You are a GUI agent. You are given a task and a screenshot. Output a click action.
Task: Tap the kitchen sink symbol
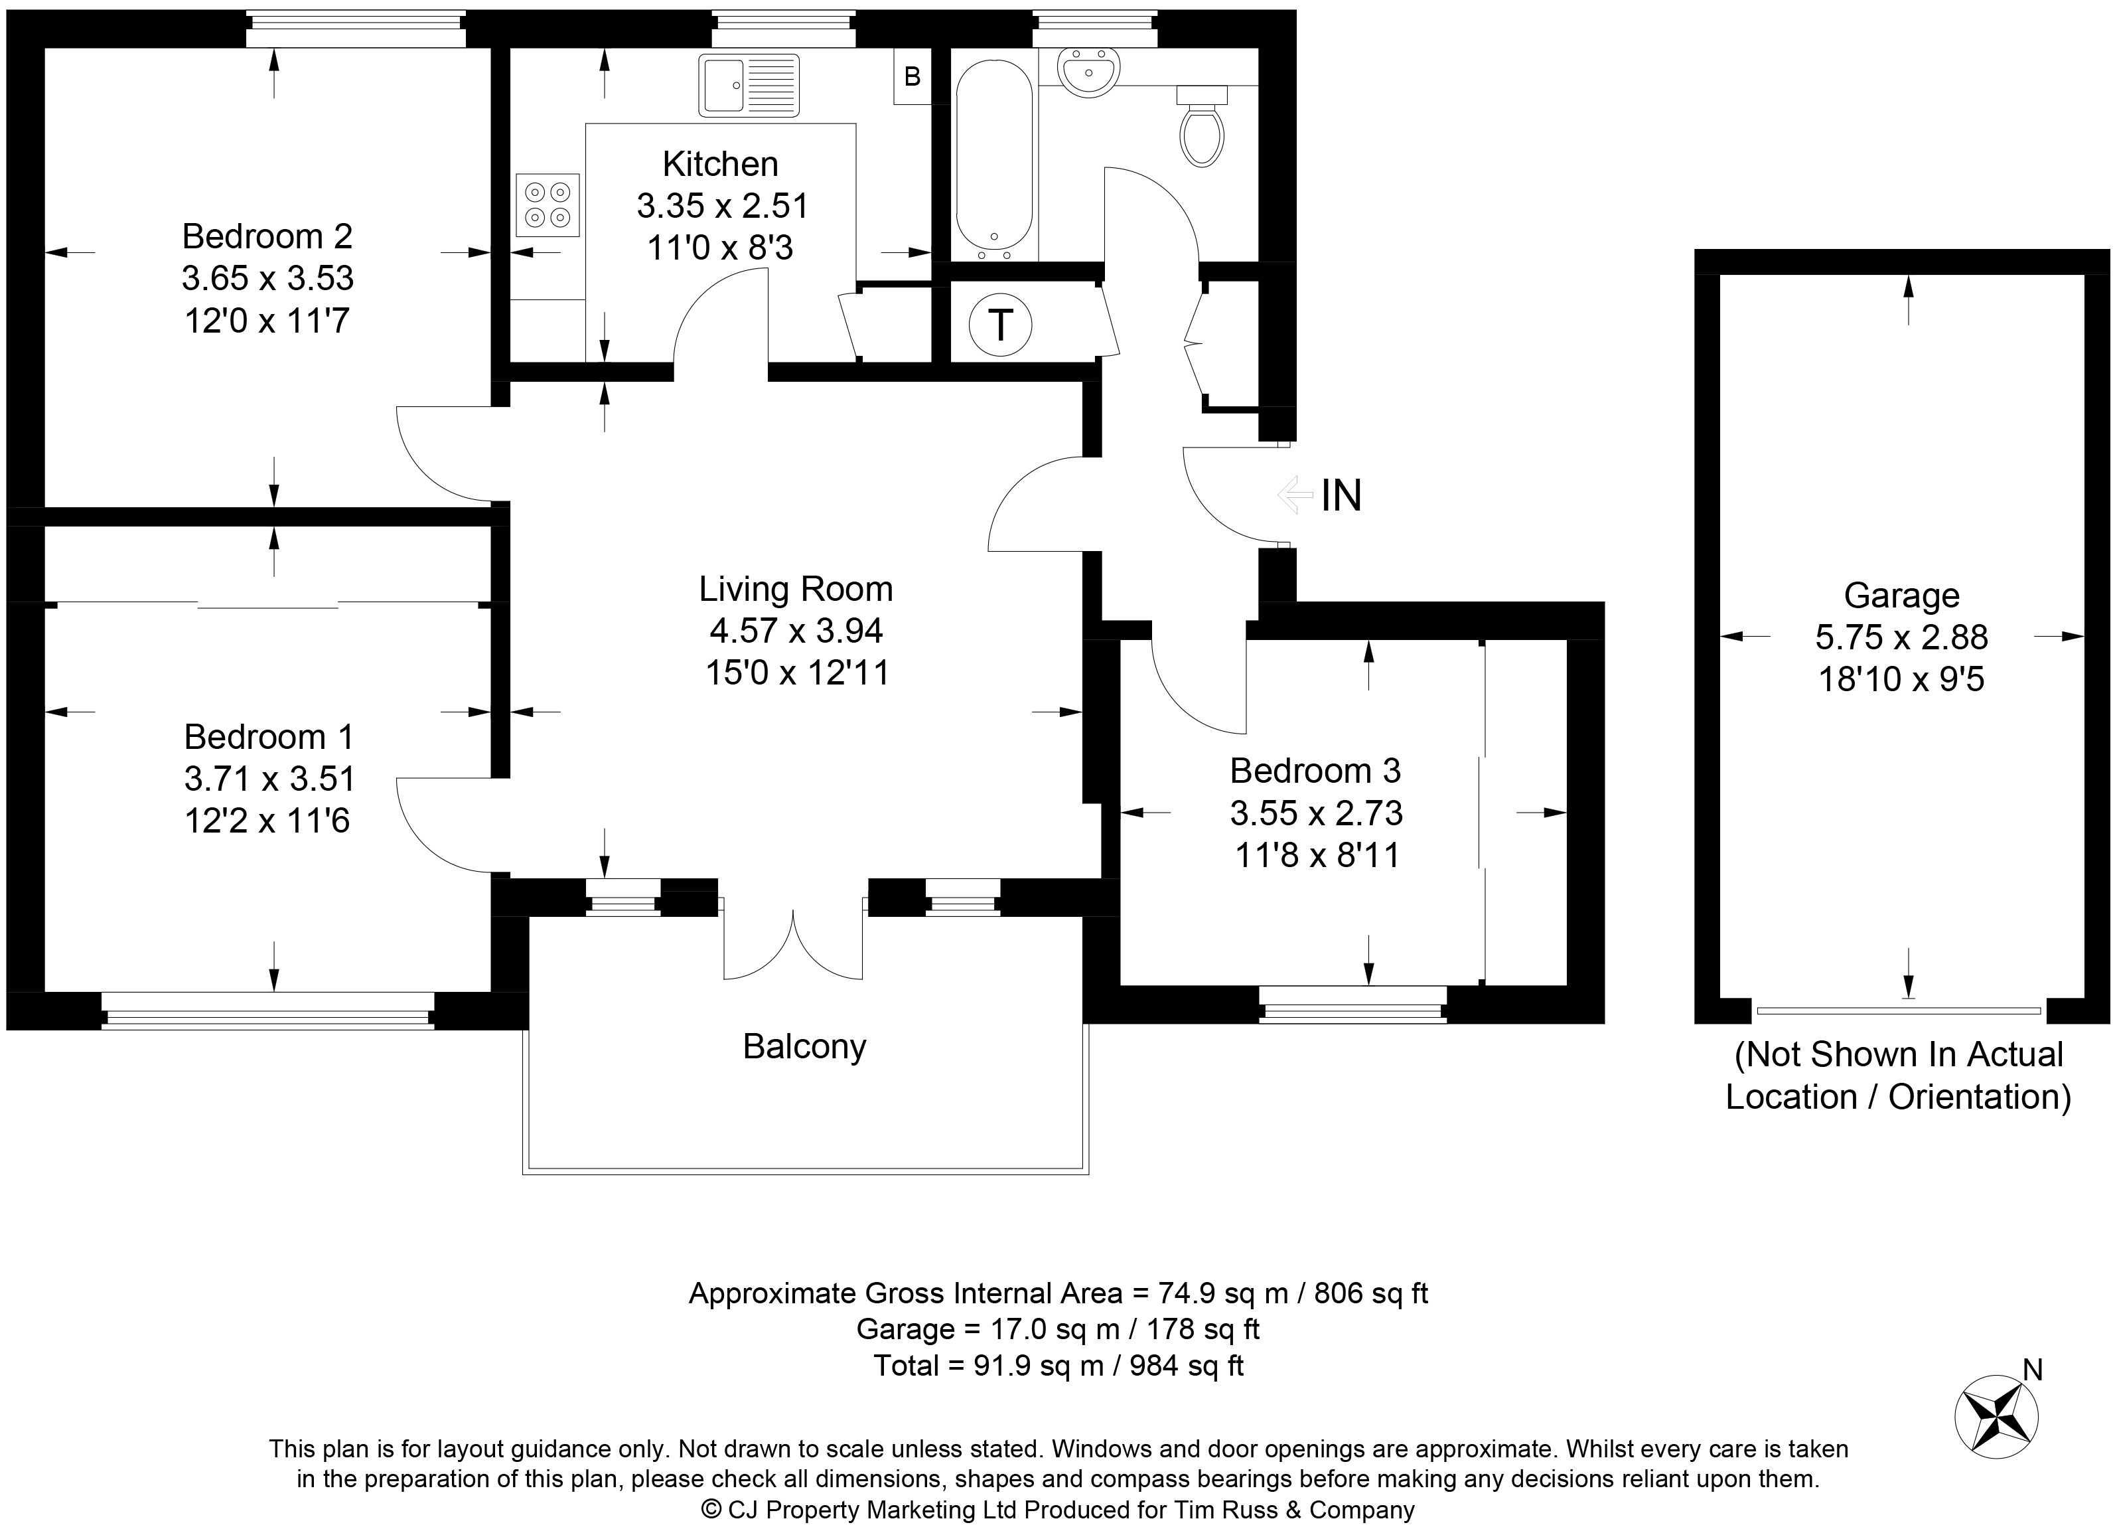[749, 85]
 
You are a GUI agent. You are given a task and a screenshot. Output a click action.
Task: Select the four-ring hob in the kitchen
[548, 205]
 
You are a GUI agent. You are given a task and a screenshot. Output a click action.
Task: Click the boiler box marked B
[913, 76]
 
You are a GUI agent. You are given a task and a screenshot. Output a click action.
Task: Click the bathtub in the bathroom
[995, 159]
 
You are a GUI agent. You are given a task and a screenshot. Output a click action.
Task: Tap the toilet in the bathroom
[1203, 126]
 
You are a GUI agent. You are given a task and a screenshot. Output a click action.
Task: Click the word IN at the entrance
[1341, 496]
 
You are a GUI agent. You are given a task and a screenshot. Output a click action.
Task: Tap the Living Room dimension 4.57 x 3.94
[796, 631]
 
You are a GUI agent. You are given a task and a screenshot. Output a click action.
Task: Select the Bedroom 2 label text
[267, 236]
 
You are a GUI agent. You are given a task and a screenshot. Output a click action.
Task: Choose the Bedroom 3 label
[1315, 771]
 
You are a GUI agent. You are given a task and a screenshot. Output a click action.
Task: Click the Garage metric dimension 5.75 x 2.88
[1901, 637]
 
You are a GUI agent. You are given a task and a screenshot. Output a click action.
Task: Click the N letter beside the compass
[2033, 1370]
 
